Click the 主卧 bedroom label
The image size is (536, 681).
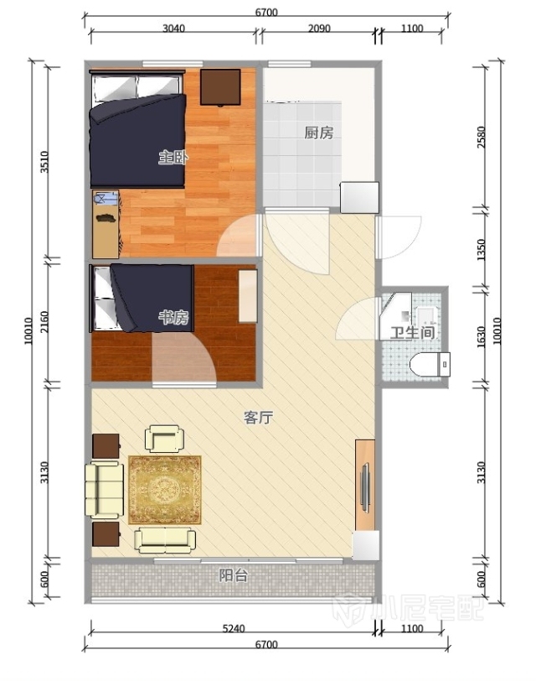173,157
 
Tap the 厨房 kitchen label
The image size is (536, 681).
319,133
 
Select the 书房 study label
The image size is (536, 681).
173,318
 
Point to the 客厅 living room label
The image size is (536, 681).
258,418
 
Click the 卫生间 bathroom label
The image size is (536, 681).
412,333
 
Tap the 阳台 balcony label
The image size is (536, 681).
234,575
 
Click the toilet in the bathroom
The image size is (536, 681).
430,364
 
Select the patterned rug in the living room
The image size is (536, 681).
165,490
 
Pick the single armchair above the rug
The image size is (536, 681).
164,439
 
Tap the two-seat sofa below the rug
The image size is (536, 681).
165,540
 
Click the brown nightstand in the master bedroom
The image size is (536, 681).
220,87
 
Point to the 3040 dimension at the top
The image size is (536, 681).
173,29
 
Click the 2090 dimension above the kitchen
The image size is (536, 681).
319,29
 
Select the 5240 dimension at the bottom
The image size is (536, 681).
234,628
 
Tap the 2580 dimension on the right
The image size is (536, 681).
482,138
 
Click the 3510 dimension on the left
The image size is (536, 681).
44,162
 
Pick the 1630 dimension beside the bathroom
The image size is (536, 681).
482,337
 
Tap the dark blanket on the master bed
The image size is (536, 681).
139,141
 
